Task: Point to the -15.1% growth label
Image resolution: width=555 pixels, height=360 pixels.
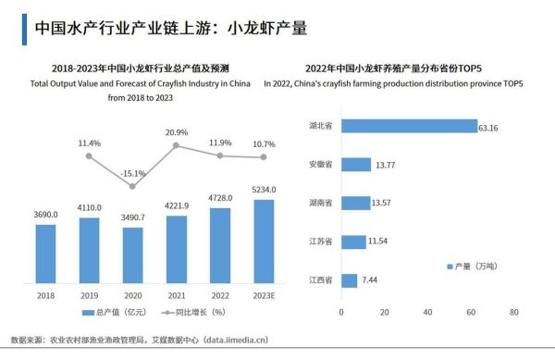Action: tap(133, 173)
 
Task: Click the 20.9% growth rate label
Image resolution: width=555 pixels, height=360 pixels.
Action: tap(177, 133)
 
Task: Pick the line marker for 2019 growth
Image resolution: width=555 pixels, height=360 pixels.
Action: tap(89, 156)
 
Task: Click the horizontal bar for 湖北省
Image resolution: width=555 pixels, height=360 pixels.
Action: tap(407, 126)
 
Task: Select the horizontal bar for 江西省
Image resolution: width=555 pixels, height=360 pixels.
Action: tap(349, 280)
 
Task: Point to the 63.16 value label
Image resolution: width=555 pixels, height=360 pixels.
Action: tap(487, 127)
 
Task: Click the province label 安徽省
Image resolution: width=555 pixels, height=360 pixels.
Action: tap(321, 165)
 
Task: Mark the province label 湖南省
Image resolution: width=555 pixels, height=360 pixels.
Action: tap(321, 204)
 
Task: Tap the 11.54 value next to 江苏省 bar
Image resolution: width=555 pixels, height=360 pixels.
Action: tap(378, 242)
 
